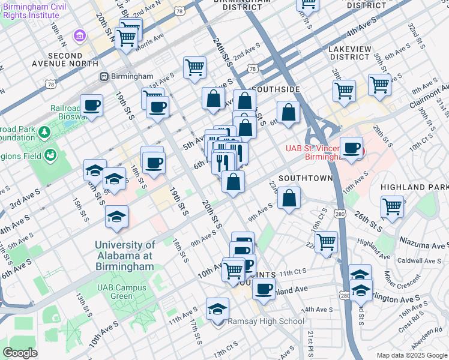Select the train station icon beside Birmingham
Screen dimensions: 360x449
[104, 76]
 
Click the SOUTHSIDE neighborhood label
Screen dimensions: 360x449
[276, 89]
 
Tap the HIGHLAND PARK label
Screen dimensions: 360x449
[415, 187]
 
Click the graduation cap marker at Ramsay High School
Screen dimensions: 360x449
[218, 310]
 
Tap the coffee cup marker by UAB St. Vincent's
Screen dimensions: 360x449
[351, 148]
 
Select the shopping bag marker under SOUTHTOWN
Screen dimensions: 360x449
[289, 198]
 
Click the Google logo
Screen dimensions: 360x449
[20, 353]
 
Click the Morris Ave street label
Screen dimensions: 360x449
[149, 38]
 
